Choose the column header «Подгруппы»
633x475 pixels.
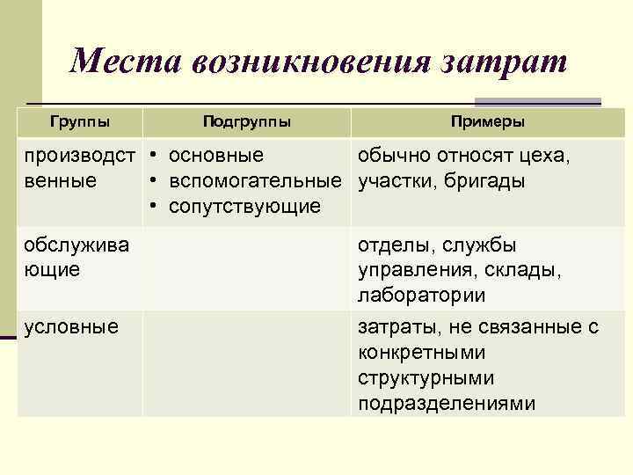tap(246, 121)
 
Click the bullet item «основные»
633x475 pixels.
tap(215, 157)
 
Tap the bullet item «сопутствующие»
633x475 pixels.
tap(244, 207)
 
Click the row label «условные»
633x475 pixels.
tap(71, 327)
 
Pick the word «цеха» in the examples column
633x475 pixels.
tap(544, 157)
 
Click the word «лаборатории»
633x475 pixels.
tap(421, 295)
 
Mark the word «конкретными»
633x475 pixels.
tap(422, 353)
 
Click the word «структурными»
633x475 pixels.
tap(426, 378)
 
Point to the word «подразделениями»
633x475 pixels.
tap(447, 403)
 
